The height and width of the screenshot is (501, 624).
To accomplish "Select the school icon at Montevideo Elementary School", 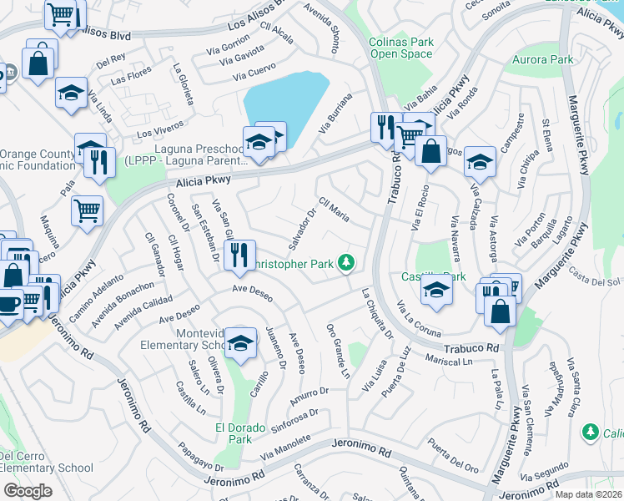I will [240, 344].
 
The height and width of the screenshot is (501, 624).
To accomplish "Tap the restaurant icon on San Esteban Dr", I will [239, 255].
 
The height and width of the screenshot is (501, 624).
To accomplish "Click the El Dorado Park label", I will [234, 433].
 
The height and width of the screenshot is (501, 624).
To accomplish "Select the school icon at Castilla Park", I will [435, 291].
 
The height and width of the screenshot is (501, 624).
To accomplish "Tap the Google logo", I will [28, 490].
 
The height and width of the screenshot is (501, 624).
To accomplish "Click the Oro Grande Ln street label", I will [338, 350].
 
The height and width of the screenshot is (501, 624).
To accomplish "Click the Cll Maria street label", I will [334, 210].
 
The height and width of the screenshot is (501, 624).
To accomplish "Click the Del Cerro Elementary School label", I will [46, 462].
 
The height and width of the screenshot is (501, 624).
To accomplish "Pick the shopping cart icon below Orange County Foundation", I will [87, 211].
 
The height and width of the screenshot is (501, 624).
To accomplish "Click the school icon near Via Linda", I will [72, 93].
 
